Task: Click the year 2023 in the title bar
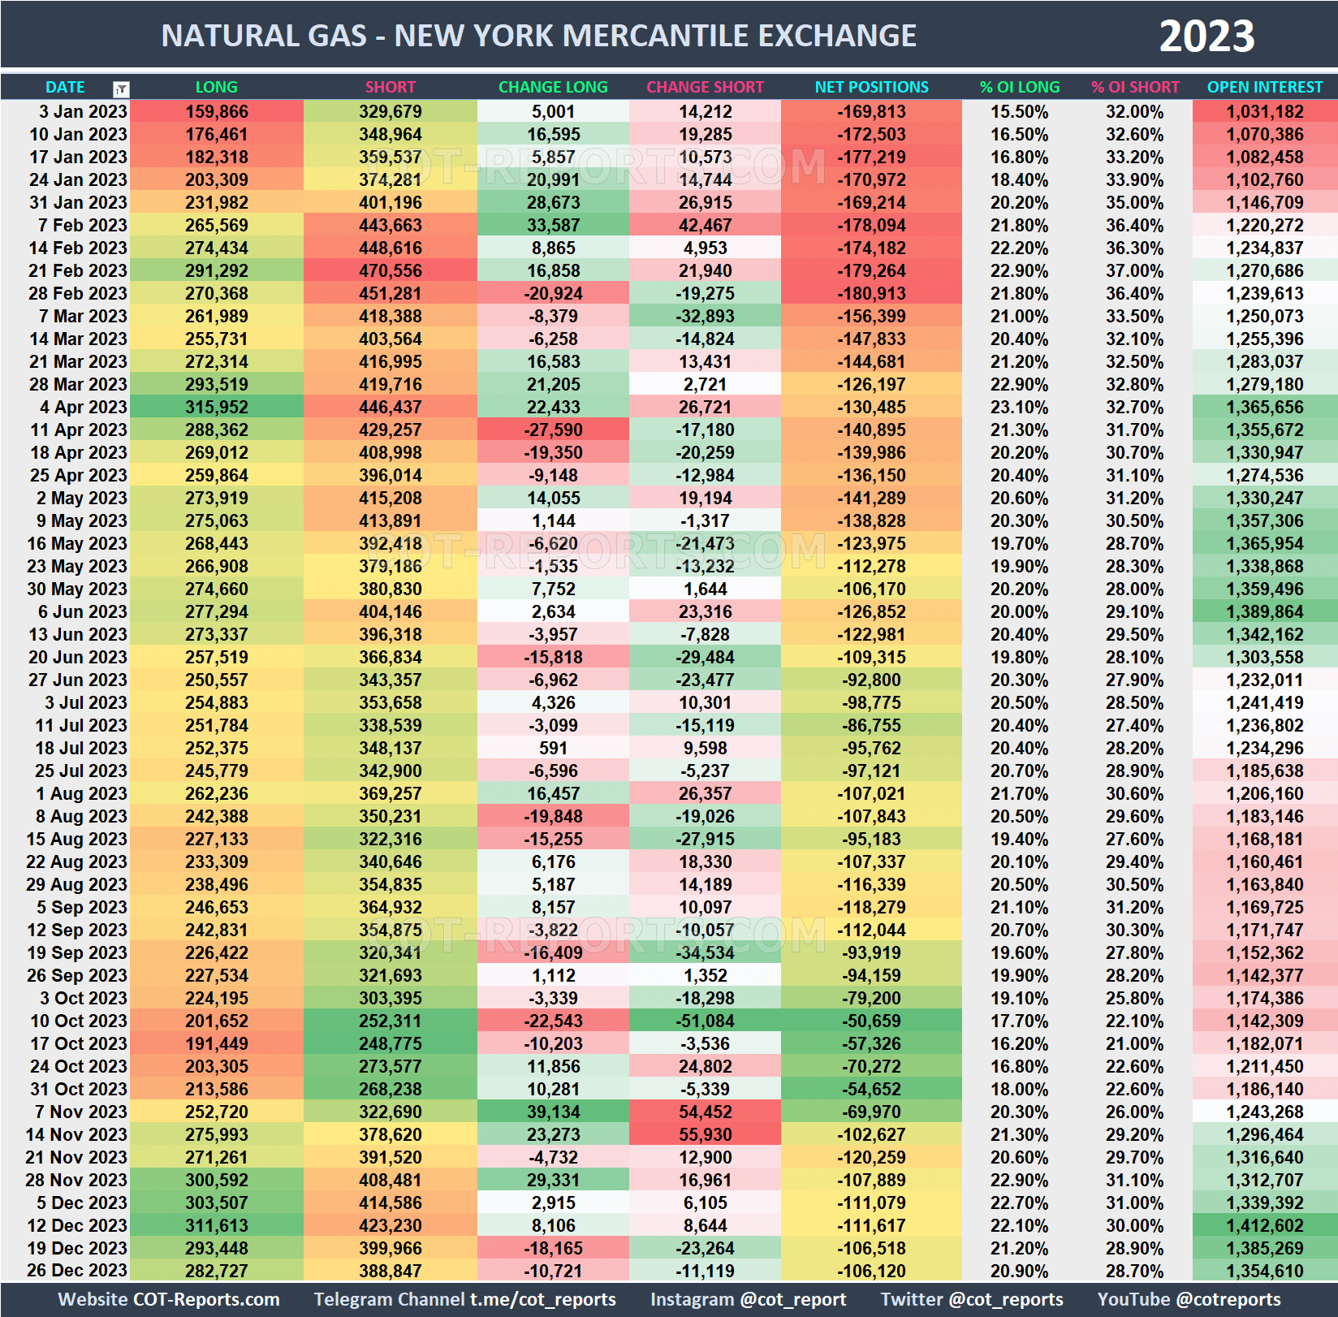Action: click(x=1206, y=37)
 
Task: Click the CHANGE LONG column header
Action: click(x=552, y=87)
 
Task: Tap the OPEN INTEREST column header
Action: click(x=1264, y=87)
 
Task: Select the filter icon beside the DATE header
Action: click(x=121, y=89)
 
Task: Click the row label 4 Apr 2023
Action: click(x=83, y=407)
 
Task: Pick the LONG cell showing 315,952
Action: click(x=216, y=407)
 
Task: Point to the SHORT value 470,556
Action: click(x=390, y=270)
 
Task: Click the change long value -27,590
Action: click(x=552, y=430)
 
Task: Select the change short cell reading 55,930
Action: click(x=705, y=1134)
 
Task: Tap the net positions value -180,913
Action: click(x=871, y=293)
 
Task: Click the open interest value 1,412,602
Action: click(x=1264, y=1225)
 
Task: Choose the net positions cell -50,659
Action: click(x=871, y=1021)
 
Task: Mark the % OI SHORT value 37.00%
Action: click(x=1134, y=270)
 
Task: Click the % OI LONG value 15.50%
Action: click(x=1019, y=111)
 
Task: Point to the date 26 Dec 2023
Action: click(x=77, y=1271)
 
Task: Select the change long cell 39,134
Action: click(x=552, y=1112)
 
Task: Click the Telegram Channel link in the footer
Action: click(x=464, y=1299)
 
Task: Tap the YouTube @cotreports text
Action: click(x=1189, y=1299)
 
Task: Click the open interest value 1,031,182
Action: click(x=1264, y=111)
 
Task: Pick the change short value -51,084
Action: click(x=705, y=1021)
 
